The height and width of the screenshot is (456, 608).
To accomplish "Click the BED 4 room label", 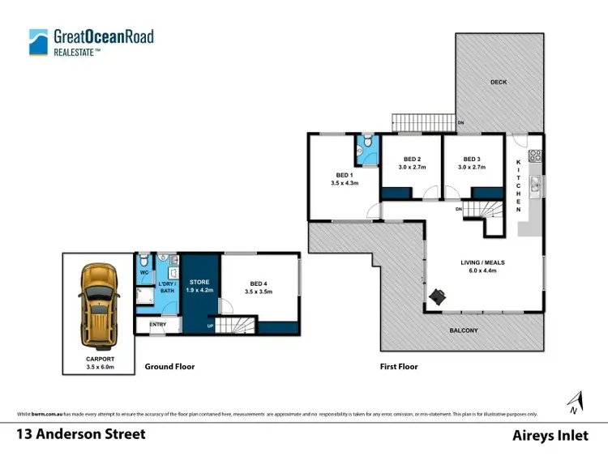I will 259,286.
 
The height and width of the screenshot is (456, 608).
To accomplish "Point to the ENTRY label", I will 157,325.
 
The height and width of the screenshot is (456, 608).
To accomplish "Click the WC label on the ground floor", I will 144,272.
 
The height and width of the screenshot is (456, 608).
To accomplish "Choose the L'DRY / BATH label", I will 166,286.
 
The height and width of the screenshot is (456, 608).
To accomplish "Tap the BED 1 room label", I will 345,179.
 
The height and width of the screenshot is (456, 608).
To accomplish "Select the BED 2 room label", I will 412,163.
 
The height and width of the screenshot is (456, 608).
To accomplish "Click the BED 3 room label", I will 472,163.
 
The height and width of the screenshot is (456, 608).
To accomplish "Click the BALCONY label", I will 465,330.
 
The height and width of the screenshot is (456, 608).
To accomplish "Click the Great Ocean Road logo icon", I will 38,41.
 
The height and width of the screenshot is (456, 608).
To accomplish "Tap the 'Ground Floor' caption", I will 169,366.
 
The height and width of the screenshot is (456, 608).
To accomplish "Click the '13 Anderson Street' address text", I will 81,434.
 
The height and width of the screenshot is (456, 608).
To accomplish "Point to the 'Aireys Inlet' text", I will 550,435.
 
